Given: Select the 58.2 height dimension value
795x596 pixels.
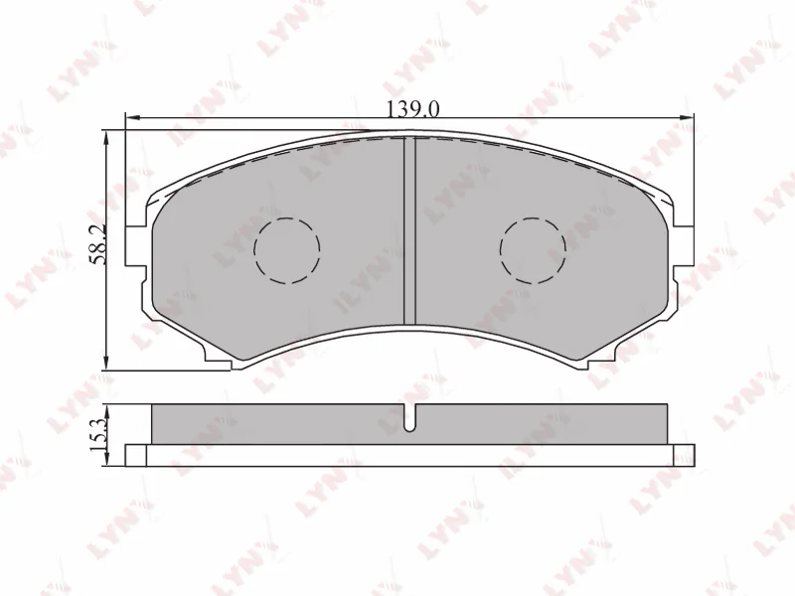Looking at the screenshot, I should (97, 245).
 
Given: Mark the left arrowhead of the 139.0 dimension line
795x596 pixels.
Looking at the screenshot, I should (130, 119).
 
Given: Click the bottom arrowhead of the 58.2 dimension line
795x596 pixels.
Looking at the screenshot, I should (107, 365).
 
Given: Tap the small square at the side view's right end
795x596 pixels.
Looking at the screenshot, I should (684, 455).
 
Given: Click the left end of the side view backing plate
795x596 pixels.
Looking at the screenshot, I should (136, 455).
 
